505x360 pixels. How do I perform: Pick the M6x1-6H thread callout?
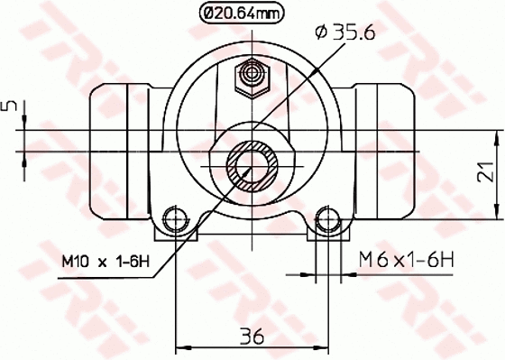click(406, 260)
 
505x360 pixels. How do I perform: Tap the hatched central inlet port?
click(253, 165)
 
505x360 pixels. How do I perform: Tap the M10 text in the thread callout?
click(76, 262)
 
